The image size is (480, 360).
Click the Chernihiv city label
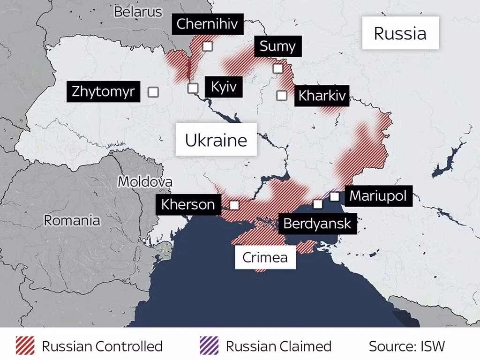pyautogui.click(x=208, y=24)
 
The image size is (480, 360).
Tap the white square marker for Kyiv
pyautogui.click(x=193, y=88)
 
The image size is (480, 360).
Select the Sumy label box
pyautogui.click(x=277, y=46)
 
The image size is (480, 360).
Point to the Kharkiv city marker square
pyautogui.click(x=282, y=96)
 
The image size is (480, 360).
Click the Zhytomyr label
pyautogui.click(x=103, y=91)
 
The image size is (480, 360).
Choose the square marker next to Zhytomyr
pyautogui.click(x=153, y=92)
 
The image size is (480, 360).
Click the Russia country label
pyautogui.click(x=400, y=33)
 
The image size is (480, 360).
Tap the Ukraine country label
pyautogui.click(x=216, y=140)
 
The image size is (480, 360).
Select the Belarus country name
pyautogui.click(x=138, y=12)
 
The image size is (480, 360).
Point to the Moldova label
pyautogui.click(x=145, y=182)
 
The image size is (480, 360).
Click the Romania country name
pyautogui.click(x=72, y=220)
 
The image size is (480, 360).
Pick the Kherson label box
pyautogui.click(x=188, y=204)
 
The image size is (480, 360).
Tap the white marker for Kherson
pyautogui.click(x=234, y=205)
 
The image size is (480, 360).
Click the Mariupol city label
pyautogui.click(x=378, y=195)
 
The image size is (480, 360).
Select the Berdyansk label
pyautogui.click(x=317, y=224)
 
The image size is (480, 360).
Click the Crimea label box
pyautogui.click(x=265, y=257)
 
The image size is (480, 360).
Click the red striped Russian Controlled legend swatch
pyautogui.click(x=25, y=346)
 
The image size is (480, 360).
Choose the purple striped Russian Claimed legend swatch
pyautogui.click(x=209, y=346)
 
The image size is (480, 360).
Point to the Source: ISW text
pyautogui.click(x=406, y=346)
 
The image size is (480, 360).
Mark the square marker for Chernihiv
pyautogui.click(x=208, y=46)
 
